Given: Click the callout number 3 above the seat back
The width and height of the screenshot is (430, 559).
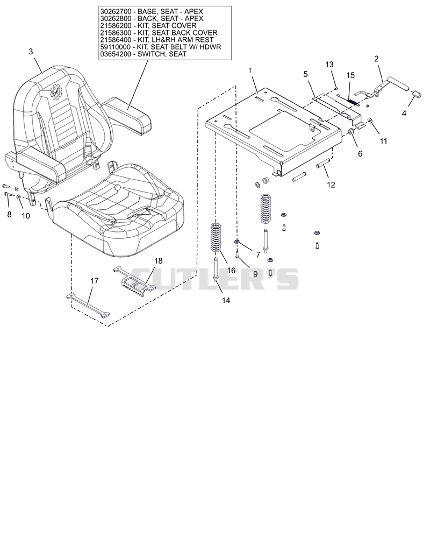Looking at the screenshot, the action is pos(31,52).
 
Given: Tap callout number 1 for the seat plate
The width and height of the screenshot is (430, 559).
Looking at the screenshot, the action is pos(250,70).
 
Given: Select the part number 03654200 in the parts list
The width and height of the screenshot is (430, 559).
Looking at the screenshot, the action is pos(114,54).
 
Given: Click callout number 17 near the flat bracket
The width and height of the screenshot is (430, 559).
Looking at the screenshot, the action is pos(94,281).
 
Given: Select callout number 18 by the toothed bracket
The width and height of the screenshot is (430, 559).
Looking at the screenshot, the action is pos(158,260).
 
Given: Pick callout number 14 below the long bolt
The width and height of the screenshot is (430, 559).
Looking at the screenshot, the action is pos(226,300).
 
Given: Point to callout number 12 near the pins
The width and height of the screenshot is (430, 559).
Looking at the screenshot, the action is pos(331,185).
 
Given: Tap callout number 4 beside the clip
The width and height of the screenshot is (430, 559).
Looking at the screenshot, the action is pos(404,114).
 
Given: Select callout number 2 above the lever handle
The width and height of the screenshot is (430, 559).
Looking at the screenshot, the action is pos(376,59).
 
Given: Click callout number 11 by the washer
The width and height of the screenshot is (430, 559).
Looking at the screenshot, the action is pos(383,141).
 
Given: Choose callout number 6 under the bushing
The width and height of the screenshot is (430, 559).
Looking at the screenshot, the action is pos(360,153).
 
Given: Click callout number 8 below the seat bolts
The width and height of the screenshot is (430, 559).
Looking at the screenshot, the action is pos(9,214).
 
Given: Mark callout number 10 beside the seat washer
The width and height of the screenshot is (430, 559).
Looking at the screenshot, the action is pos(26,216).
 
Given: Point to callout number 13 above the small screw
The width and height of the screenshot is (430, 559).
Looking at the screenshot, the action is pos(329,64).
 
